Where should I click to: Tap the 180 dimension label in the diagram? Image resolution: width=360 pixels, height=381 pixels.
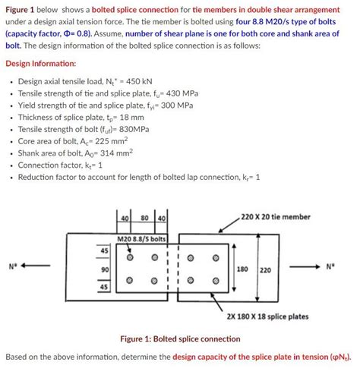click(x=244, y=269)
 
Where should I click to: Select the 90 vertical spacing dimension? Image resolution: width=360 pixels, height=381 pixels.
click(x=104, y=269)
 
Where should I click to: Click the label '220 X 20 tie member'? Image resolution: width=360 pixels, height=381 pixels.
click(x=275, y=217)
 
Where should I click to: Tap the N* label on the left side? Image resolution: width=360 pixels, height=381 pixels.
click(x=13, y=266)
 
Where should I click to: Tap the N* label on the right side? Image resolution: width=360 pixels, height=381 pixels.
click(x=330, y=266)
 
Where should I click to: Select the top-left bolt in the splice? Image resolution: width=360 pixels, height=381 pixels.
click(x=131, y=257)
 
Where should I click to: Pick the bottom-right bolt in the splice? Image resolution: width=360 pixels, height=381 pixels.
click(x=216, y=281)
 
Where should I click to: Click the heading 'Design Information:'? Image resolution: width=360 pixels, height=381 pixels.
click(x=40, y=63)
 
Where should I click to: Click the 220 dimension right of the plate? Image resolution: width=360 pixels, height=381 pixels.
click(x=265, y=269)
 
